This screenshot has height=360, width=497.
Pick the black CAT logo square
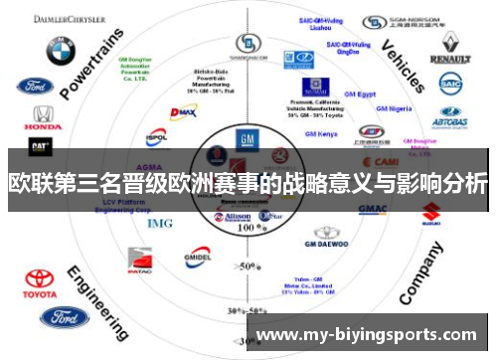click(x=41, y=146)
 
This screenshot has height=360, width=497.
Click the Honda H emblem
click(x=42, y=115)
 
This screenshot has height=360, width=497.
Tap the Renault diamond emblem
click(x=449, y=43)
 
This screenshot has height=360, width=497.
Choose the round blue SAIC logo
click(x=450, y=87)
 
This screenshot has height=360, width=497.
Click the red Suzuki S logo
click(x=430, y=212)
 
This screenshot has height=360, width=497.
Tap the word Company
click(x=421, y=277)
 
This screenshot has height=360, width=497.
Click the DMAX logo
click(x=183, y=112)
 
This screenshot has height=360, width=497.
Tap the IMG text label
click(x=160, y=223)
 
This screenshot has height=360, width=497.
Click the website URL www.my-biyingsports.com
click(x=367, y=335)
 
